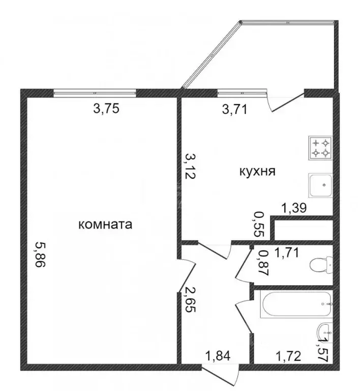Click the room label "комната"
click(105, 225)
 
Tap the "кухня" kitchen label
click(257, 172)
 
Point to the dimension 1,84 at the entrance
click(218, 355)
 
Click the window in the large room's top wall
click(95, 93)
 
